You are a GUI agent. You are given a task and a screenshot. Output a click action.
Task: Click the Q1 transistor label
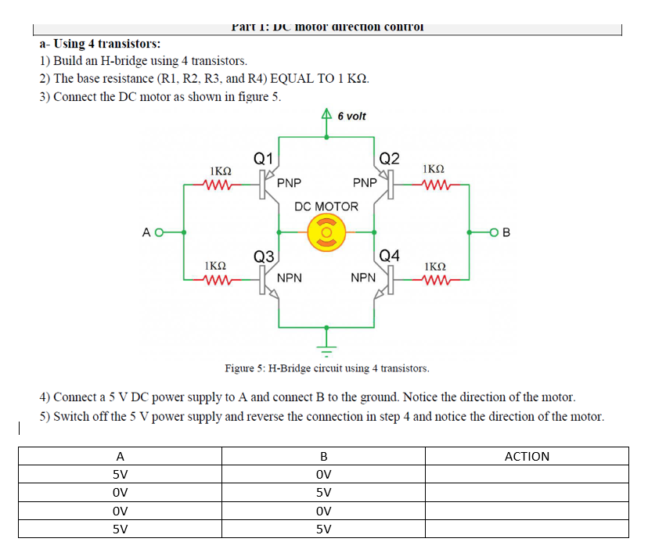(x=263, y=157)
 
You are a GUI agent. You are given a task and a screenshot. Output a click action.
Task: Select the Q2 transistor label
(x=388, y=157)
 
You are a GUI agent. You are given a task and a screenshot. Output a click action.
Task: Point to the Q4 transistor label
(x=389, y=256)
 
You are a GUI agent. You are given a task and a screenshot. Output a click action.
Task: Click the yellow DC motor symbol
(x=326, y=232)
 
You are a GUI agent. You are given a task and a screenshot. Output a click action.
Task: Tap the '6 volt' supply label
(x=351, y=117)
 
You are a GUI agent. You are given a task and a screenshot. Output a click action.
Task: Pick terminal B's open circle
(x=493, y=232)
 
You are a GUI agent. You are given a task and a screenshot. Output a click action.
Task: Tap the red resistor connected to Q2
(x=433, y=186)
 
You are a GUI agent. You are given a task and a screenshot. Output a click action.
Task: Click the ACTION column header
(x=527, y=456)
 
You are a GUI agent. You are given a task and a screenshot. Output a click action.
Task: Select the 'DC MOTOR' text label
(x=326, y=206)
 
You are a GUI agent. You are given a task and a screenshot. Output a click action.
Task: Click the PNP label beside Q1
(x=289, y=184)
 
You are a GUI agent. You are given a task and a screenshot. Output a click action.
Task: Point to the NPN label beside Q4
(x=362, y=278)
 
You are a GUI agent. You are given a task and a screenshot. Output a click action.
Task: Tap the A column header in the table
(x=120, y=456)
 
